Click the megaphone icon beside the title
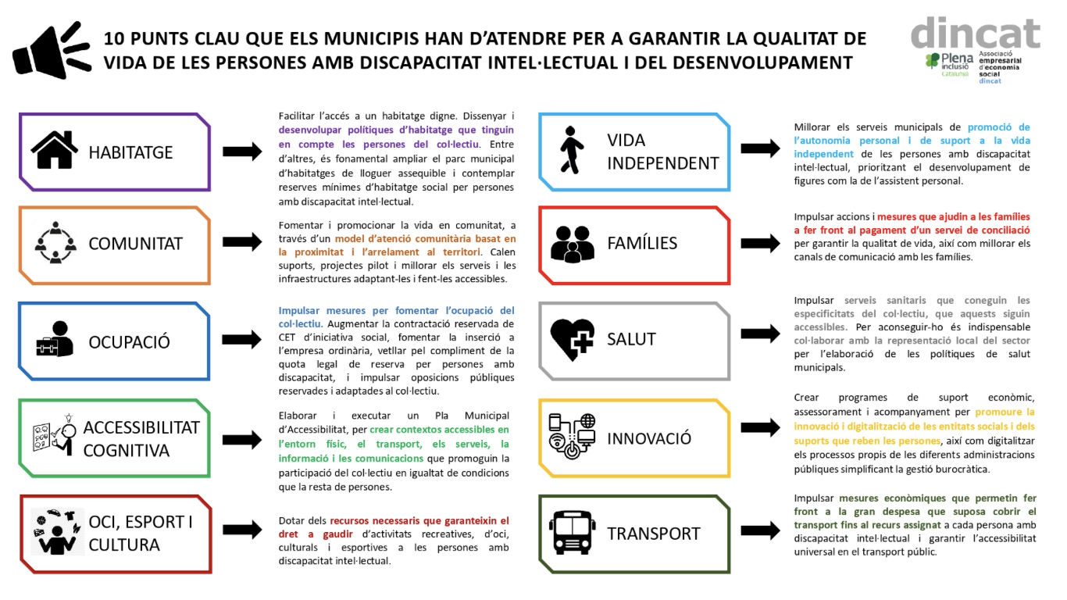point(50,50)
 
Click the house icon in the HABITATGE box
point(55,150)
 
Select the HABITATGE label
point(130,152)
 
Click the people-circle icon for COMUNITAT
point(55,242)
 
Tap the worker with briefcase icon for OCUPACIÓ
point(55,340)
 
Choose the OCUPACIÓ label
point(129,341)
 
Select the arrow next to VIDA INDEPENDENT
point(760,148)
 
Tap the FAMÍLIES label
point(642,243)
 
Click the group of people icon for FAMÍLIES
point(573,243)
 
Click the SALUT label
point(631,339)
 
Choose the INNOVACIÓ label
point(648,437)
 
